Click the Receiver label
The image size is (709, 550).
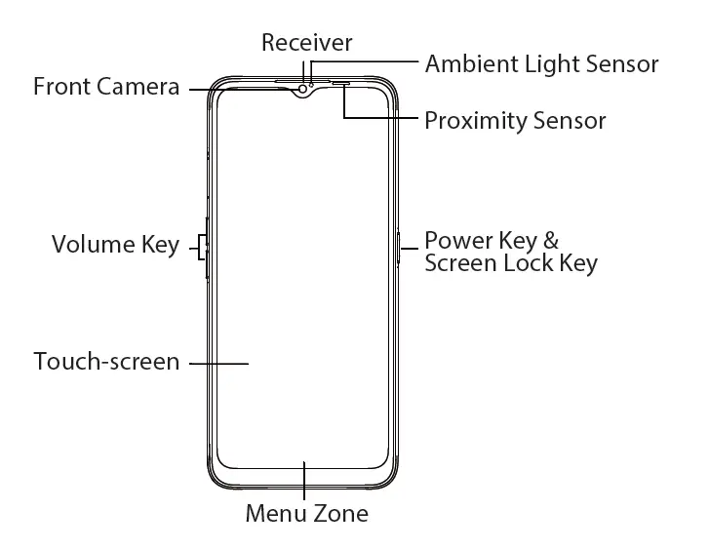306,42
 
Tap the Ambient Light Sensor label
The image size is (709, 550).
541,64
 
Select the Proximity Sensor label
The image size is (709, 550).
515,121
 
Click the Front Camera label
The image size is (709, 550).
106,87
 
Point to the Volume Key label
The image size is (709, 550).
115,244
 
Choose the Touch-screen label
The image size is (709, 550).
106,362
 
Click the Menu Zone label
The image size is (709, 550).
306,513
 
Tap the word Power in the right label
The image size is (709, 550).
455,241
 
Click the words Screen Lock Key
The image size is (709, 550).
511,263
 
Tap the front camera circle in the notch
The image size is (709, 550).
303,90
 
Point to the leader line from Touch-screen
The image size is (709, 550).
218,363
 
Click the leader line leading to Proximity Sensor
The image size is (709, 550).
380,120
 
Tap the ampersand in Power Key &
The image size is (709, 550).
550,241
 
